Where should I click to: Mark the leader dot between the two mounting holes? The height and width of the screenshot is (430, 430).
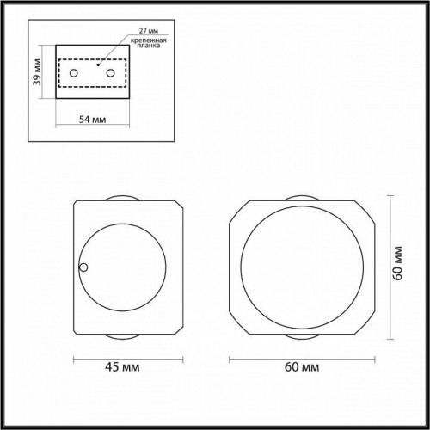99,63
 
